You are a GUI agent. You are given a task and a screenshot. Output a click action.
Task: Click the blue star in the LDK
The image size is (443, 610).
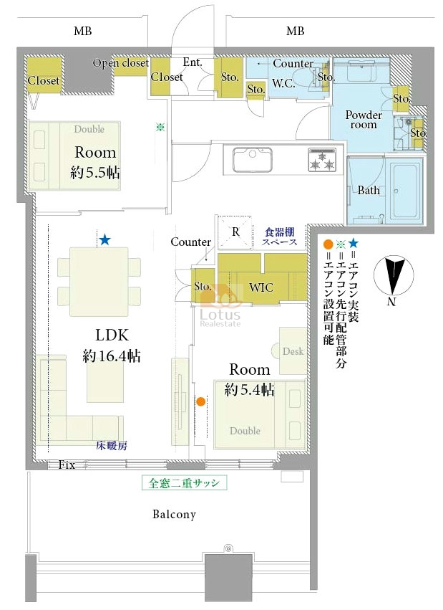coord(104,240)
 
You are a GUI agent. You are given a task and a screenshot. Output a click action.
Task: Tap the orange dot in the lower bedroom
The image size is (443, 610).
coord(200,401)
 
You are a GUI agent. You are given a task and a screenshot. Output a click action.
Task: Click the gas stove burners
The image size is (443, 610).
coord(322,160)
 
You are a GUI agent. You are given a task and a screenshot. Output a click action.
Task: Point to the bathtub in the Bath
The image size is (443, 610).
coord(406,191)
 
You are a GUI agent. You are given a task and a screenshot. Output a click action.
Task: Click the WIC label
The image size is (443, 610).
coord(261,287)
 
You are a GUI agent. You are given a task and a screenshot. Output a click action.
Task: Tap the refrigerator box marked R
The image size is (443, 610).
coord(235,232)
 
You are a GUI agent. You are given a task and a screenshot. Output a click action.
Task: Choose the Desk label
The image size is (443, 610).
coord(293,351)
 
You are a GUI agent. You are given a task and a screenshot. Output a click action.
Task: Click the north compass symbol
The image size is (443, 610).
coord(394,276)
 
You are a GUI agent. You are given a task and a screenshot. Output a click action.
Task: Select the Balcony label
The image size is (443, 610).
coord(174,514)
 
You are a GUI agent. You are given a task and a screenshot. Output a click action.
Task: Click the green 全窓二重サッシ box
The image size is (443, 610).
coord(184,483)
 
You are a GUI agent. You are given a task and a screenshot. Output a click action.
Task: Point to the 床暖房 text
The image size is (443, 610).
coord(112,446)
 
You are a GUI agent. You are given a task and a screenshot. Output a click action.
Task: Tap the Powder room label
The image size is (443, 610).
coord(364,120)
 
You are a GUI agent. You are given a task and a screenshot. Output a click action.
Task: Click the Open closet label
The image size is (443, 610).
coord(121,63)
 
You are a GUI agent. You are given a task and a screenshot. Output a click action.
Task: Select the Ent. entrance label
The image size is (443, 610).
coord(193,62)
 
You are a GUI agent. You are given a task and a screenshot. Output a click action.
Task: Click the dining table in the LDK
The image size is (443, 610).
coord(99,282)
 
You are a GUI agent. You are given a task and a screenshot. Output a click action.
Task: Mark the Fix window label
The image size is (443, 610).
coord(67,464)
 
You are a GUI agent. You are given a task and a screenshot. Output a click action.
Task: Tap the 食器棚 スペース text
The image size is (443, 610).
coord(280,237)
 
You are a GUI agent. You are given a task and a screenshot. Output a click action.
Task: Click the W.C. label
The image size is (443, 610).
coord(283,83)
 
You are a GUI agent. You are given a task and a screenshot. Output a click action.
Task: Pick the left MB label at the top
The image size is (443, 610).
coord(83,31)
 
